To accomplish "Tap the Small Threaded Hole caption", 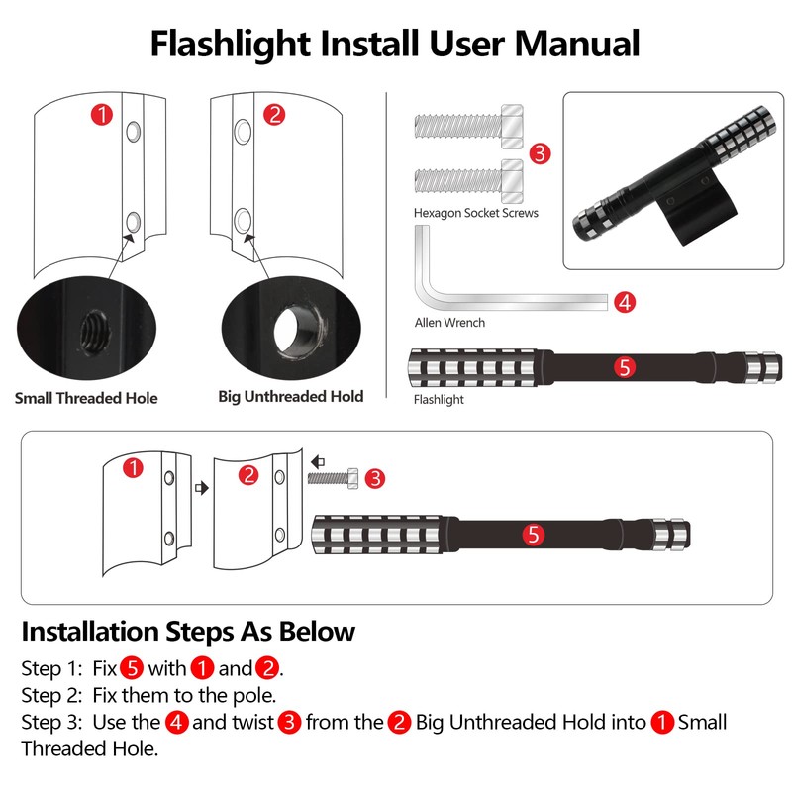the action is (x=86, y=398).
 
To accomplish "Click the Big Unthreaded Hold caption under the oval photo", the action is (x=290, y=397).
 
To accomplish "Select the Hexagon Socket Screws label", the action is (x=476, y=213).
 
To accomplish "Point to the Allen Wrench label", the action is (x=449, y=323).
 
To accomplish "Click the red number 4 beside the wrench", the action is (x=625, y=302).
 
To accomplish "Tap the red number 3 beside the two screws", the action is (x=540, y=153).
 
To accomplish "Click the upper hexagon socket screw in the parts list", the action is (x=468, y=127).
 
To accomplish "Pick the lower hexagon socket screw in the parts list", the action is (x=468, y=181).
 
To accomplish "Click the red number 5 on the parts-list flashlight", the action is (x=625, y=367).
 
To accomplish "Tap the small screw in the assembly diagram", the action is (x=334, y=478).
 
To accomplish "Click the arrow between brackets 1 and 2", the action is (x=202, y=488).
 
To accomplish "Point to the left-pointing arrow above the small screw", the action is (x=318, y=461).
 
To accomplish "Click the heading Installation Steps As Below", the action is (x=188, y=631).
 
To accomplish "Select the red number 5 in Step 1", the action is (x=132, y=667).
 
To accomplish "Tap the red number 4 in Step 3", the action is (x=176, y=722).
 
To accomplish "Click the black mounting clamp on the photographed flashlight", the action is (x=695, y=207).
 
